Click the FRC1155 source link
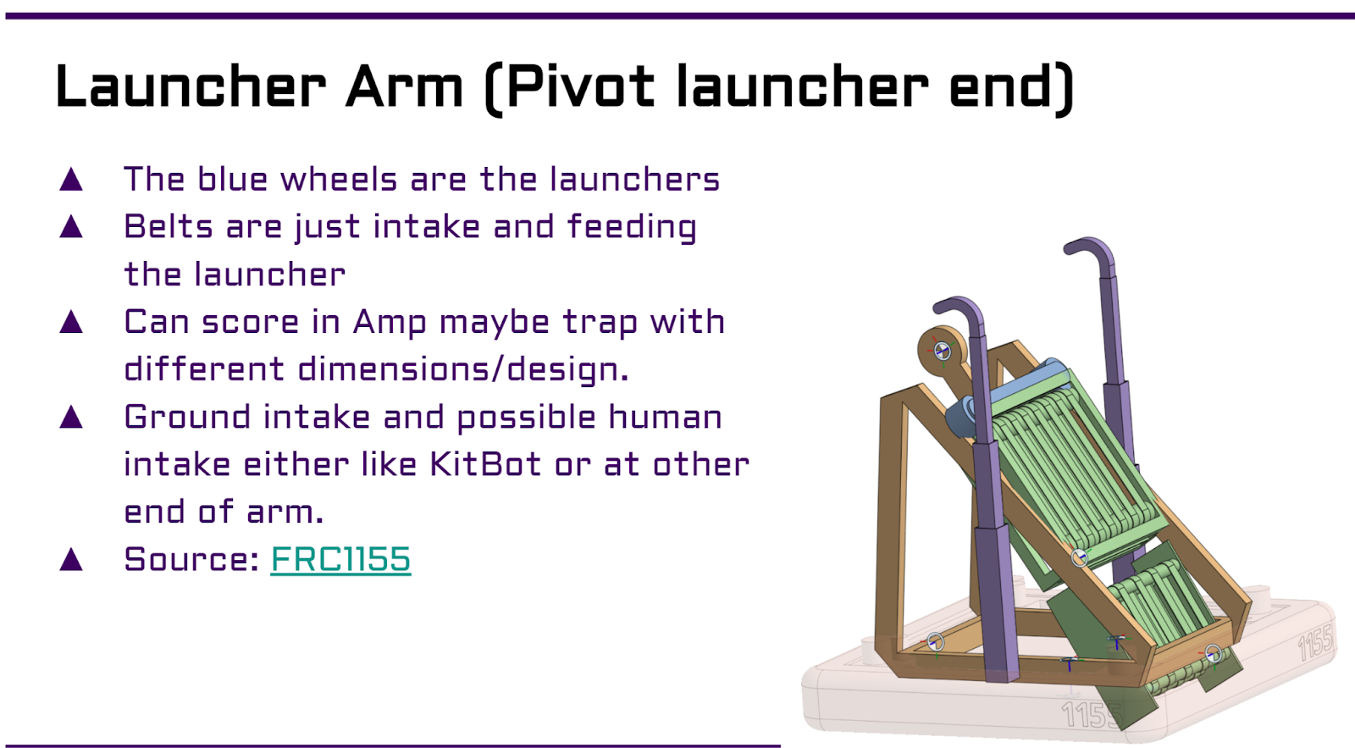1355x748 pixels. (x=340, y=558)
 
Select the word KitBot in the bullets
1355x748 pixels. (x=485, y=464)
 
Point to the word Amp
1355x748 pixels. (x=390, y=323)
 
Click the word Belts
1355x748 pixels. (x=169, y=227)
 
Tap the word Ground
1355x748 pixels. (x=187, y=417)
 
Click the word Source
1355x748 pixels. (x=191, y=558)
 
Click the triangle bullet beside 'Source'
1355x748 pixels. (x=71, y=558)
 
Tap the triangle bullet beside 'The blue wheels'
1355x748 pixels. (x=71, y=180)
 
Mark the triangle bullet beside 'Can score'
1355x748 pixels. (x=71, y=322)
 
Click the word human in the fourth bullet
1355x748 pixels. (x=665, y=417)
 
